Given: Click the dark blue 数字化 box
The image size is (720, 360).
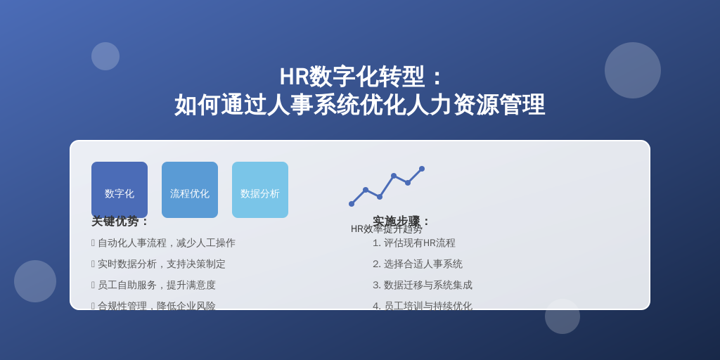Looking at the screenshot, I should [x=120, y=189].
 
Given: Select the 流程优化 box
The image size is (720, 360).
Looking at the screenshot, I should [x=190, y=189].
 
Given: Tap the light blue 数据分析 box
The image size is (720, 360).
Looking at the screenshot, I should [x=260, y=189].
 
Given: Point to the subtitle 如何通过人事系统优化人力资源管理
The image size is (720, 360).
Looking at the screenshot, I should [x=359, y=105].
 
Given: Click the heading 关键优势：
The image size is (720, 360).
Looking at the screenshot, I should [x=120, y=221].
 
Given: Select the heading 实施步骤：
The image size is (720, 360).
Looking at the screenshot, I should [x=401, y=221].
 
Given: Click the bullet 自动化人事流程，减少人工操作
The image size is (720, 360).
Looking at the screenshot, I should [x=166, y=243].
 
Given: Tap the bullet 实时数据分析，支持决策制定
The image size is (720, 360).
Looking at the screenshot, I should [x=161, y=264].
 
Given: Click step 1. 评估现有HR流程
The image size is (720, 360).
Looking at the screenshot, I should [x=414, y=243].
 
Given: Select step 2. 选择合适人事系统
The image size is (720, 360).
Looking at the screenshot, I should [x=418, y=264].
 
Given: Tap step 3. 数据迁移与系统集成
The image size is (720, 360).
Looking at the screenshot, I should [x=423, y=285].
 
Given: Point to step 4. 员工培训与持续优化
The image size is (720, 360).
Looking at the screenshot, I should [x=423, y=305].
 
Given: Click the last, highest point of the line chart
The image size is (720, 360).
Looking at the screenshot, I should [x=422, y=169].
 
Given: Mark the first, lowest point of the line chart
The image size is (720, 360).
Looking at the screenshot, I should [x=352, y=204].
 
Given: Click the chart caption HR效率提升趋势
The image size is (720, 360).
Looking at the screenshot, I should [x=387, y=229].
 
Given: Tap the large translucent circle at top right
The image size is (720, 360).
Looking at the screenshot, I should [x=633, y=70].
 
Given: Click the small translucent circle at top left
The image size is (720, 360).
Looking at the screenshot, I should [x=105, y=56].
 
